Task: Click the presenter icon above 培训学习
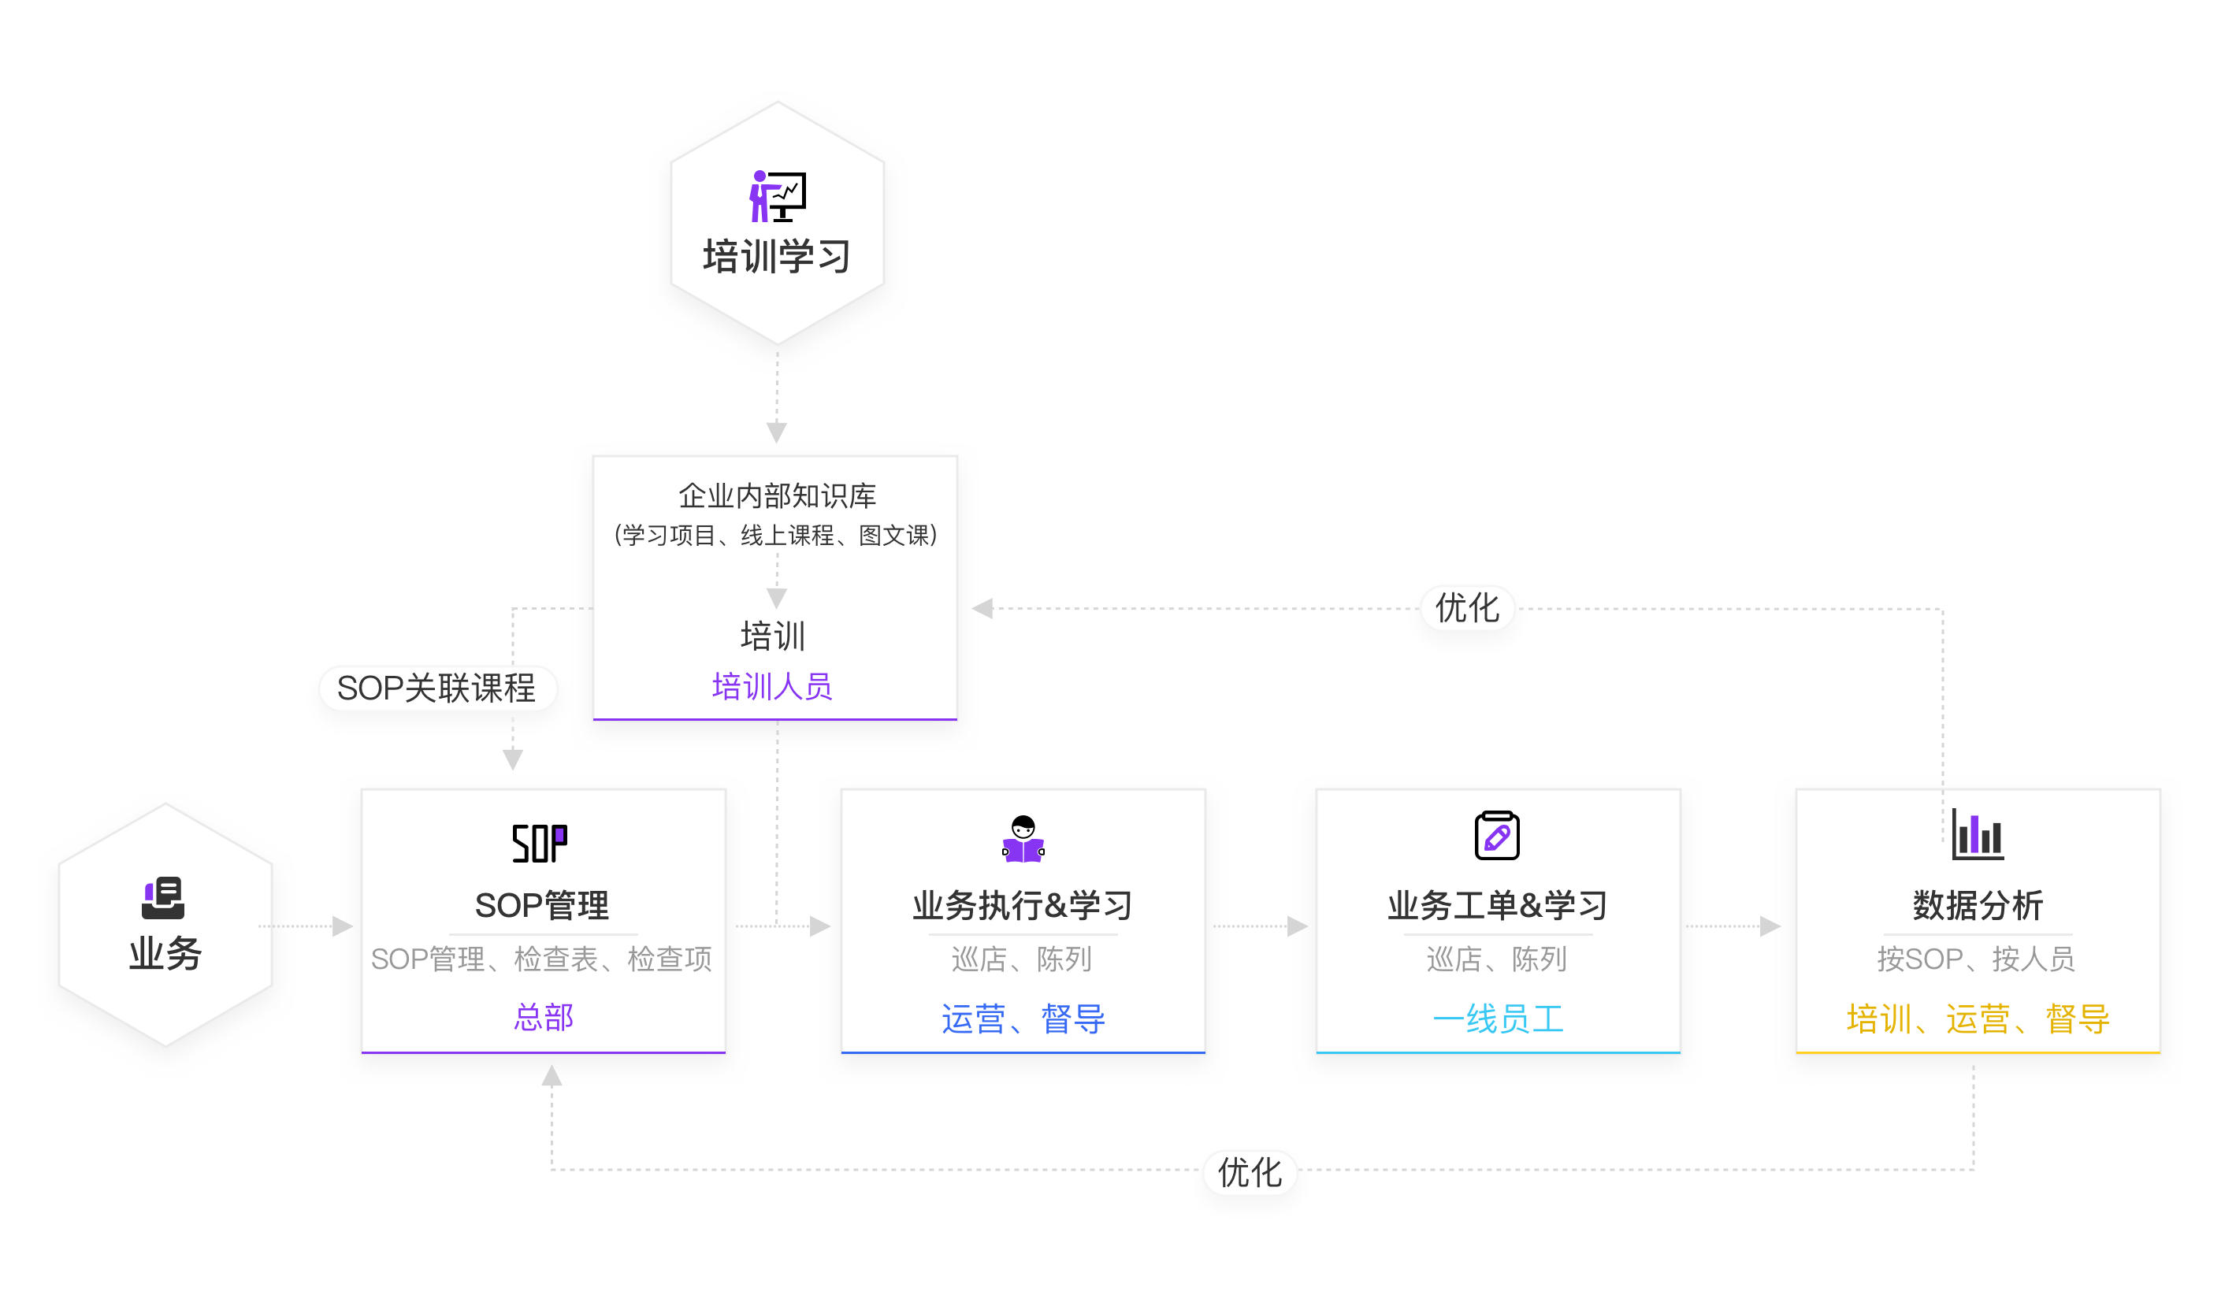point(778,196)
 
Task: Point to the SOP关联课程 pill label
point(436,688)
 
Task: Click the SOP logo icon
point(540,843)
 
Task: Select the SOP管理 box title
point(542,906)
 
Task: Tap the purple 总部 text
point(543,1016)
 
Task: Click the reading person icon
point(1022,838)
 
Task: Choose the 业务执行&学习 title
point(1022,906)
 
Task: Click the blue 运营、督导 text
point(1022,1019)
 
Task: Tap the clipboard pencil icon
point(1496,836)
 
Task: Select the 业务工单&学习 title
point(1497,906)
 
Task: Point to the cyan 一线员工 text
point(1497,1019)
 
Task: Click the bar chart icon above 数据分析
point(1977,835)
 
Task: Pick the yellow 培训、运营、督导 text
point(1977,1019)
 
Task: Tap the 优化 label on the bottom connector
point(1250,1173)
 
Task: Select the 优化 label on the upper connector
point(1467,608)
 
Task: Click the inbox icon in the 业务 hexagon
point(163,898)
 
